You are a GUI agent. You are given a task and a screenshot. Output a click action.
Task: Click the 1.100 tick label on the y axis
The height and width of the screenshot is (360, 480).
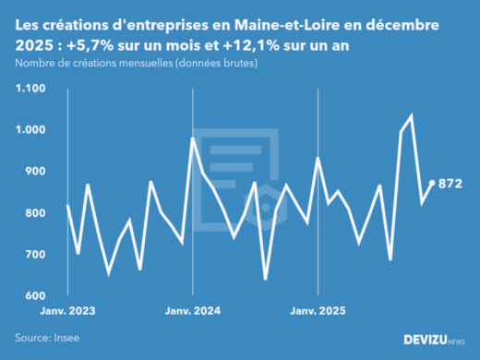[30, 89]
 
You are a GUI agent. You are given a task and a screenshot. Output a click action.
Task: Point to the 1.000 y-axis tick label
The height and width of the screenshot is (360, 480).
[30, 130]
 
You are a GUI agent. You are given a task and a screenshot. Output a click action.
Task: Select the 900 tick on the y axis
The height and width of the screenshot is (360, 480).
[34, 172]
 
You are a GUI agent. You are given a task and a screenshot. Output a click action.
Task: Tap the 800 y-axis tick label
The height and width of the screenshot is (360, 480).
[34, 213]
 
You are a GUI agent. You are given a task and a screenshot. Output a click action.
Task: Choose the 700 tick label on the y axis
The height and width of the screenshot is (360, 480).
[34, 255]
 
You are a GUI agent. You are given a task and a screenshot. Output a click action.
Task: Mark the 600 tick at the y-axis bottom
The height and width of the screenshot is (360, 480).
[34, 296]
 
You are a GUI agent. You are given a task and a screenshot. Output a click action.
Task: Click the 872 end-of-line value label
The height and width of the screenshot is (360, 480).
[450, 184]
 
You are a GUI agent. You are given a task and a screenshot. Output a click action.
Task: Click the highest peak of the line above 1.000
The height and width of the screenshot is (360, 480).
[411, 116]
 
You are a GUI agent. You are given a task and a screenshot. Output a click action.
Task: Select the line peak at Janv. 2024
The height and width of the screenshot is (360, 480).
[192, 138]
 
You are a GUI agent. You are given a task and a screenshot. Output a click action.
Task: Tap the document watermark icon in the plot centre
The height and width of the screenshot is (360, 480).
[240, 175]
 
